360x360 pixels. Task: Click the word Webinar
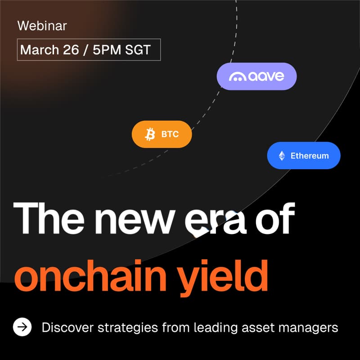point(42,26)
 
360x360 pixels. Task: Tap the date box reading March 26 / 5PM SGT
point(89,50)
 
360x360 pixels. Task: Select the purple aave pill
point(256,76)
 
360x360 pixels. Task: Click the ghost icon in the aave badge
point(237,77)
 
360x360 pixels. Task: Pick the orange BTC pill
point(162,134)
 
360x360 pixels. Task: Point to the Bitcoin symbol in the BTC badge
point(150,134)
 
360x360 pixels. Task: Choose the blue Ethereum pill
point(303,156)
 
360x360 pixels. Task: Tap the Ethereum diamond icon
point(282,156)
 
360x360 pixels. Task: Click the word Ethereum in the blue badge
point(310,156)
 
